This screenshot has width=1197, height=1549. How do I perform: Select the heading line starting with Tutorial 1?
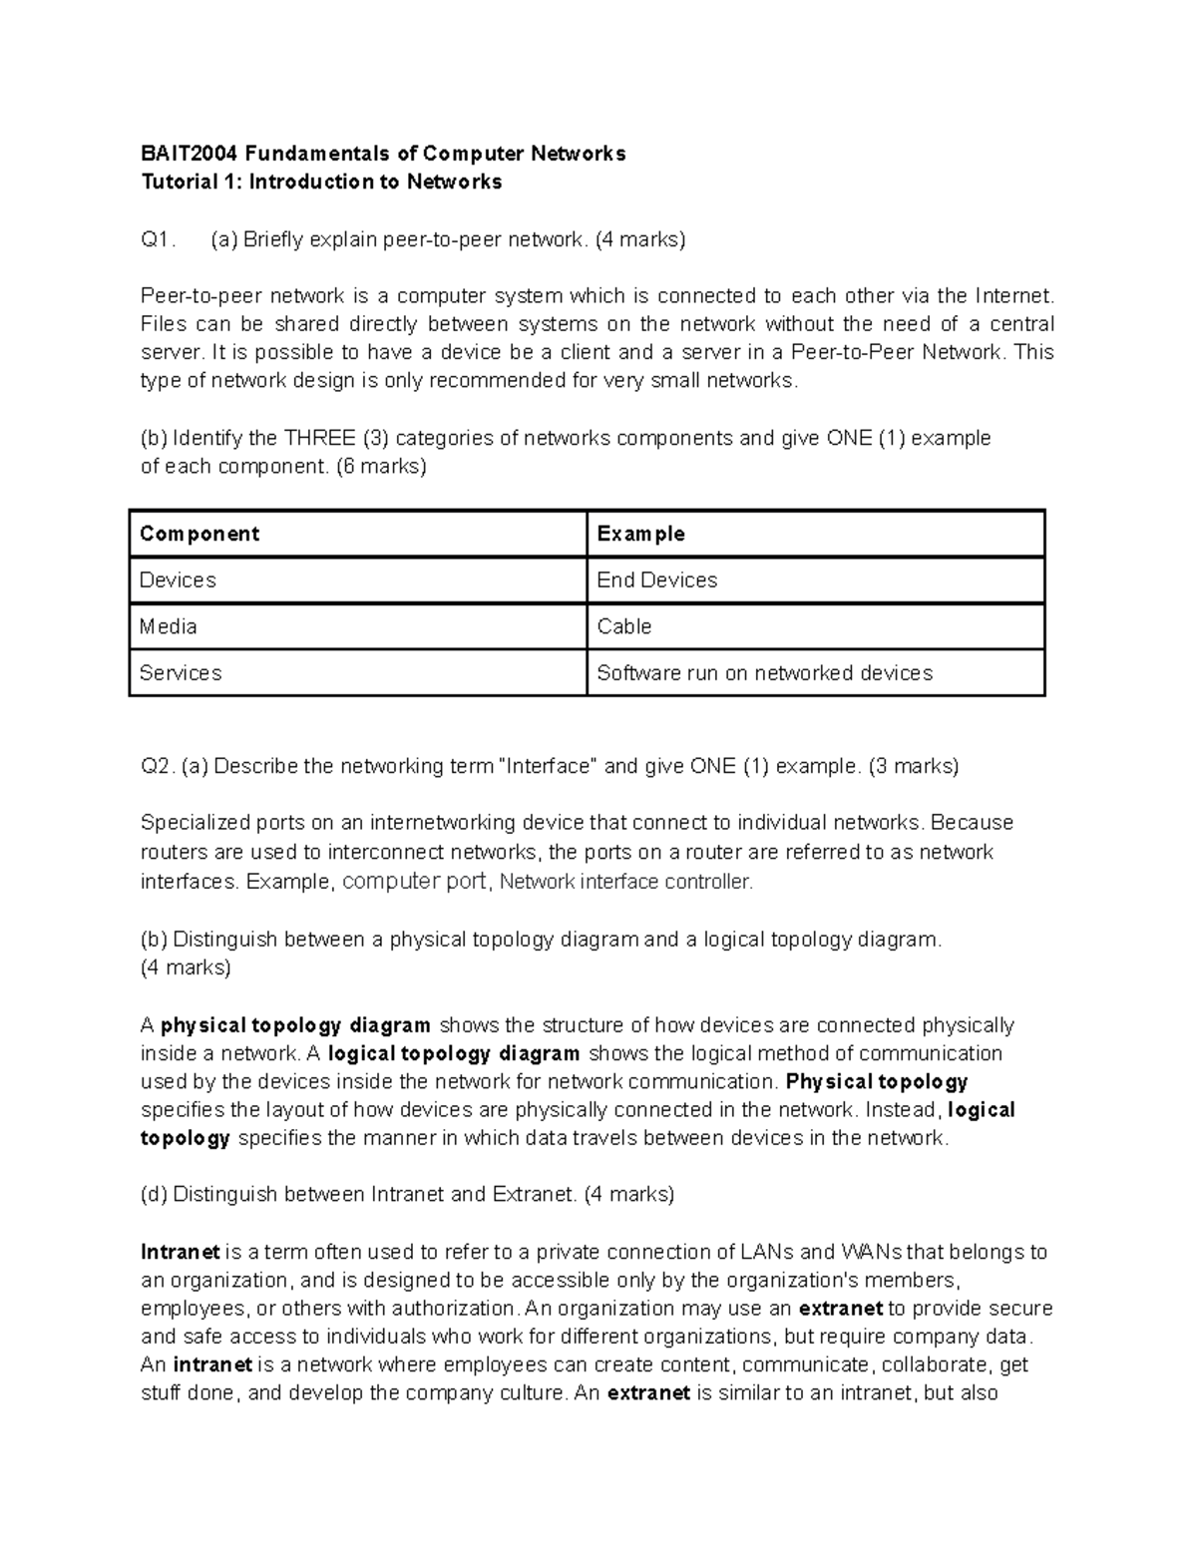pyautogui.click(x=321, y=182)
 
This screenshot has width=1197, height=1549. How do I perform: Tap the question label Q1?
pyautogui.click(x=158, y=239)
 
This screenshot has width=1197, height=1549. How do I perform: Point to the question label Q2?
pyautogui.click(x=158, y=766)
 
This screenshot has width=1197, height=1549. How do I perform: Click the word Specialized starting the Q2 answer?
pyautogui.click(x=195, y=823)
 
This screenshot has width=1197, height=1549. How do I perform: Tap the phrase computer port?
pyautogui.click(x=414, y=881)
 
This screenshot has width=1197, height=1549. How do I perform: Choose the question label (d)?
pyautogui.click(x=155, y=1194)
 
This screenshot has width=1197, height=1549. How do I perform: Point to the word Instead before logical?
pyautogui.click(x=902, y=1110)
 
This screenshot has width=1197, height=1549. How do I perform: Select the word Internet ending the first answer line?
pyautogui.click(x=1012, y=296)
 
